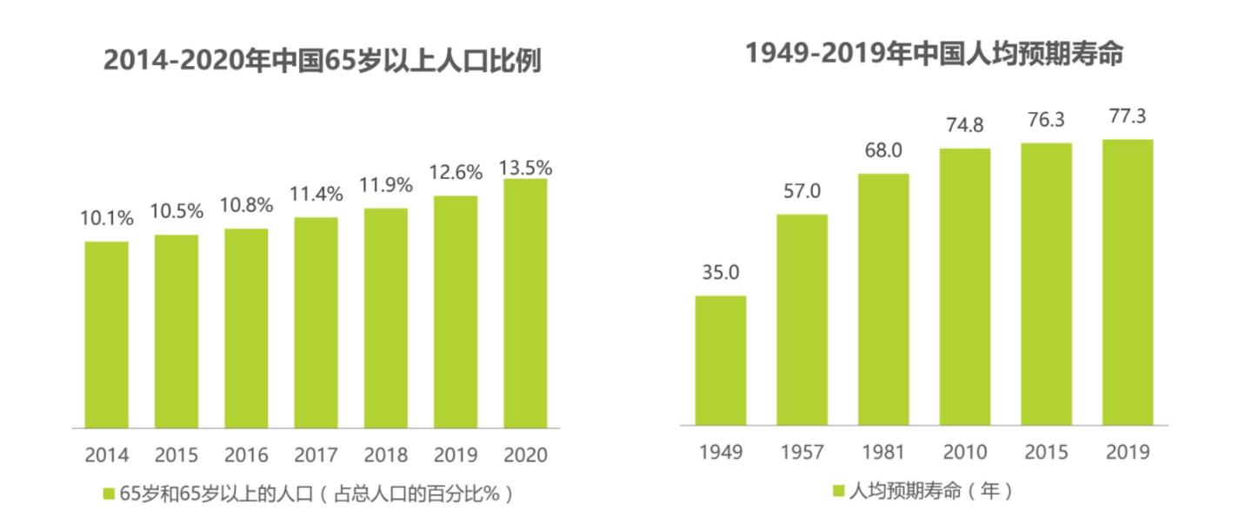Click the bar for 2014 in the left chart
106,335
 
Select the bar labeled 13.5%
524,303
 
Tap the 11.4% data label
316,196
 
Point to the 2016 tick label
246,455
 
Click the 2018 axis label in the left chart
385,455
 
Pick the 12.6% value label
456,173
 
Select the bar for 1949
720,361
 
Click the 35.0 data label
720,273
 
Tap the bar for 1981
883,300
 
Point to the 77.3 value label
1128,116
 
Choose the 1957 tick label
802,453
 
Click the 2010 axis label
964,453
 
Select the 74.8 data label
965,125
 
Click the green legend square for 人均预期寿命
838,491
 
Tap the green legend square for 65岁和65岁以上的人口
109,494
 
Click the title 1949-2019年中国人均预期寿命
934,54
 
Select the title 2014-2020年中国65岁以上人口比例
323,61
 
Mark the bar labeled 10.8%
246,328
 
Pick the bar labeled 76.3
1046,284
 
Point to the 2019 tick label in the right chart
1128,453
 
